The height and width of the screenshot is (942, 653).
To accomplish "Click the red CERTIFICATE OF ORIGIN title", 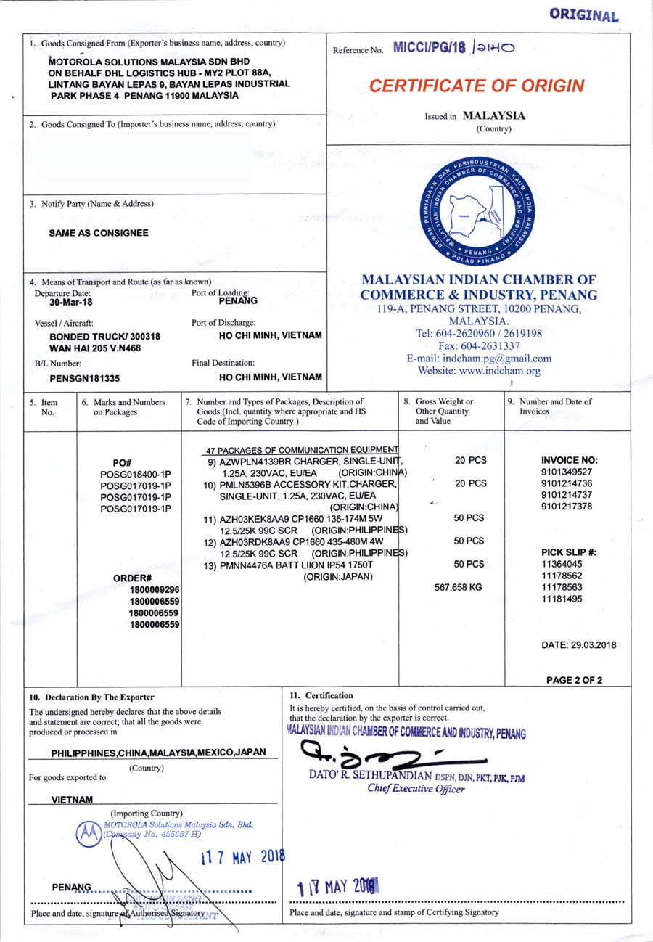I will [x=476, y=86].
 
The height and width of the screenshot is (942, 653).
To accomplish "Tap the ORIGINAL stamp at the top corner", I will [x=583, y=15].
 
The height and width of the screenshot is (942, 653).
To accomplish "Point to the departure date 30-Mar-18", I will [x=60, y=303].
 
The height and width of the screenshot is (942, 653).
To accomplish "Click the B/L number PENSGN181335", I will [x=84, y=377].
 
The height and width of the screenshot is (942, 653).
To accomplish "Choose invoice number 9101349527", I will [x=567, y=471].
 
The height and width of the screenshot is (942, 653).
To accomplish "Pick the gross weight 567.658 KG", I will [x=457, y=586].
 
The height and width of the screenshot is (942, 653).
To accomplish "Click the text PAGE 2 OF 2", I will [x=574, y=680].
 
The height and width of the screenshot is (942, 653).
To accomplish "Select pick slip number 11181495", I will [x=562, y=598].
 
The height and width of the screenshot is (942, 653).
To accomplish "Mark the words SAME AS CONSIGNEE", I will [x=98, y=233].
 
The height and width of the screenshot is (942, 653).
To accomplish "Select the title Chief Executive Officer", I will [x=416, y=789].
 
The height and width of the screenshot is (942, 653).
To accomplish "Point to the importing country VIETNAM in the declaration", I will [x=73, y=799].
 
